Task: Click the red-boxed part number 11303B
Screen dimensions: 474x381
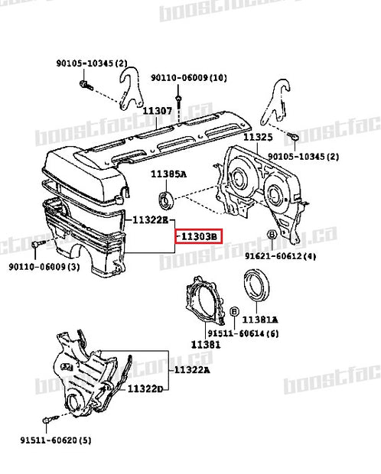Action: coord(198,238)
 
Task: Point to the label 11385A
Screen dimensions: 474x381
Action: coord(168,174)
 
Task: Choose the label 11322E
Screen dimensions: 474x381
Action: coord(150,219)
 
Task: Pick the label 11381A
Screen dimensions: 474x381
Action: coord(259,320)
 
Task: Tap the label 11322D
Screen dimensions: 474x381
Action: coord(145,388)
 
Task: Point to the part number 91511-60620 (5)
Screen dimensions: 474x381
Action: coord(55,440)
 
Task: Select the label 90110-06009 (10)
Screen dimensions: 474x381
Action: coord(188,78)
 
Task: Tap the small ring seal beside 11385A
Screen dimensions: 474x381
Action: coord(164,202)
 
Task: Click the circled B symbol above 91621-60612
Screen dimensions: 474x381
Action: coord(271,235)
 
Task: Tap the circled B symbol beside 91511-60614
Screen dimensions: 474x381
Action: coord(233,312)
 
